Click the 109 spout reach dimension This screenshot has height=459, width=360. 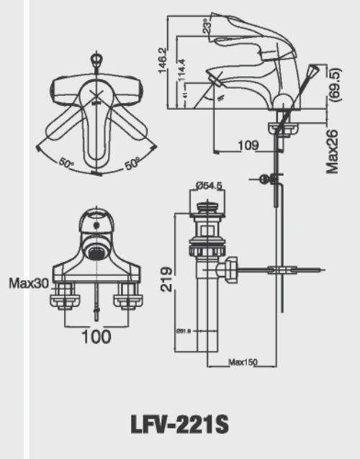248,146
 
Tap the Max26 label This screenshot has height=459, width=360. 332,150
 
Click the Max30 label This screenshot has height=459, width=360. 29,283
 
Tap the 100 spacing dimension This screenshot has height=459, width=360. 96,335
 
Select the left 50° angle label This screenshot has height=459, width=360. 67,164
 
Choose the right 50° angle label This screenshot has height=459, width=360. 132,164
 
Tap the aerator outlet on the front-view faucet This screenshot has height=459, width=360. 94,250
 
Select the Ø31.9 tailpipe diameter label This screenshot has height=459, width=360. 182,331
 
